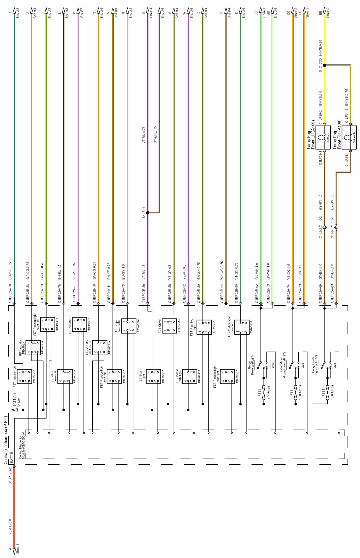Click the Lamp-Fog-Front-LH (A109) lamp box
tap(323, 137)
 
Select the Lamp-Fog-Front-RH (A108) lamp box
tap(349, 137)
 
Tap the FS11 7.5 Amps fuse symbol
tap(263, 393)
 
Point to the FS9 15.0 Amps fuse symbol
tap(296, 393)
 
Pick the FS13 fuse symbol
tap(327, 393)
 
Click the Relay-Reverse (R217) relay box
tap(263, 365)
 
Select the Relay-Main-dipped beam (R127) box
tap(295, 365)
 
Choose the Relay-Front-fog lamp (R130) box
tap(327, 365)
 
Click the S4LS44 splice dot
tap(148, 213)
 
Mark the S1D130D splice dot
tap(325, 65)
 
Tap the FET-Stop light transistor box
tap(153, 376)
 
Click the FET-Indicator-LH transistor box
tap(24, 376)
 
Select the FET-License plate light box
tap(190, 376)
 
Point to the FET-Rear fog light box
tap(204, 327)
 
